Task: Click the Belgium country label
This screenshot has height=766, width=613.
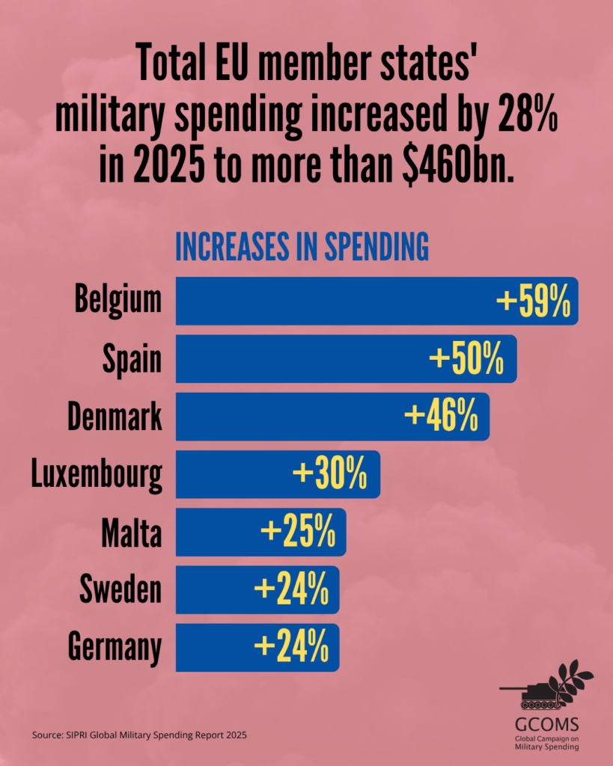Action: [118, 300]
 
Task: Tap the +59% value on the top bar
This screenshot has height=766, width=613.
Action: [534, 301]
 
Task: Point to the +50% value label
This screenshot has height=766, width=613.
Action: [466, 359]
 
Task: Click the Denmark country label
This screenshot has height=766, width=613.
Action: [115, 417]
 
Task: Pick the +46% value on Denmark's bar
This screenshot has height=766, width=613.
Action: [441, 417]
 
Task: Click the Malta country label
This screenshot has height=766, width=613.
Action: [132, 532]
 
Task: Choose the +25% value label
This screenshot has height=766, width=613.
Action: [297, 532]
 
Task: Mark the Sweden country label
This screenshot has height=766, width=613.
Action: [121, 589]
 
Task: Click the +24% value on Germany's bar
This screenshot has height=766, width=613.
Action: [291, 647]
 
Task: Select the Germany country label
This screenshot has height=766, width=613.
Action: [115, 648]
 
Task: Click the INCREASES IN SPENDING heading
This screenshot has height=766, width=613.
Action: [302, 248]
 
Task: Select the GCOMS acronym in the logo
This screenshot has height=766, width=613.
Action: [546, 724]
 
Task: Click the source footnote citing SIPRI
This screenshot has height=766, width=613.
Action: [139, 735]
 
